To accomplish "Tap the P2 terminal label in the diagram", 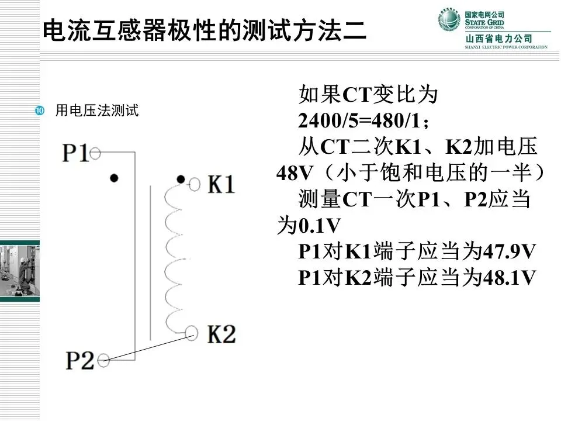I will pos(79,360).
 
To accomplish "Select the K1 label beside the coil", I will pos(221,185).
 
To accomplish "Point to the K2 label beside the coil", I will pos(221,334).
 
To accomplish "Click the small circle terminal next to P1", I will pos(96,153).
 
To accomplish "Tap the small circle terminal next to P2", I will pos(103,359).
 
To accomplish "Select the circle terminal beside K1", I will pos(195,185).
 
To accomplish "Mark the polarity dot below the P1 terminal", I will pos(115,177).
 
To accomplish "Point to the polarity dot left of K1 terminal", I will pos(181,179).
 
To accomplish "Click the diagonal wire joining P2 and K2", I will pos(148,346).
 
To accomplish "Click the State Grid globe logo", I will pos(449,20).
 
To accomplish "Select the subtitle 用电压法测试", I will pos(96,111).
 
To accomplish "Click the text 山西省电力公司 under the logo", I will pos(498,39).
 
